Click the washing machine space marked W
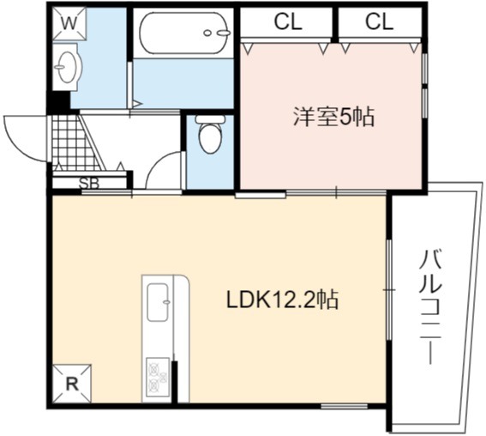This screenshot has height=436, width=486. (69, 24)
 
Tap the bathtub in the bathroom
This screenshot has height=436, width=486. (185, 33)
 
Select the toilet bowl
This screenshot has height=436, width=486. (211, 138)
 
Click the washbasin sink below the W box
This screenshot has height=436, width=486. (67, 67)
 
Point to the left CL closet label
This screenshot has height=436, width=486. (288, 21)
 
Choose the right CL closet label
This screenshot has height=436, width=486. (379, 21)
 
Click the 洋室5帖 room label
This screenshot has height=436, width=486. (333, 117)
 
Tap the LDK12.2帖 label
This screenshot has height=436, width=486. (282, 300)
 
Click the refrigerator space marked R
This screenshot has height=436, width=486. (72, 384)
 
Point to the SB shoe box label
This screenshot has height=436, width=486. (89, 184)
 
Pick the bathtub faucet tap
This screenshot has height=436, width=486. (218, 33)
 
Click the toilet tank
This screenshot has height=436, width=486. (211, 119)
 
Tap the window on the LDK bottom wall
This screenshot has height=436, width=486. (344, 406)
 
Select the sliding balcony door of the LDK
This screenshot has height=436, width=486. (389, 289)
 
